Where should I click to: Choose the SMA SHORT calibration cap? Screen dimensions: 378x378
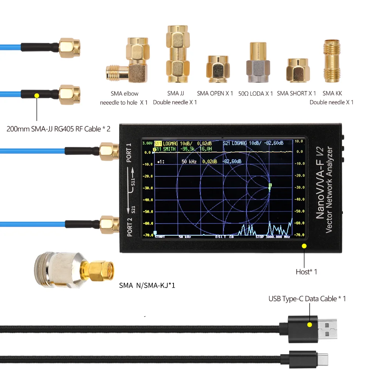(299, 71)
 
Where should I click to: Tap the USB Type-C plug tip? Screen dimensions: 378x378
(323, 357)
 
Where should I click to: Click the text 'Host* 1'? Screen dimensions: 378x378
(306, 272)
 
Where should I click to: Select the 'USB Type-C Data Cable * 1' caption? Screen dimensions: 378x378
(307, 299)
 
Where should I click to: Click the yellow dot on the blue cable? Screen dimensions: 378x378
(37, 95)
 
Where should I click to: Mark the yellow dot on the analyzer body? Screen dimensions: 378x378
(304, 246)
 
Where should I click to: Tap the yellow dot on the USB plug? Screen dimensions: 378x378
(310, 325)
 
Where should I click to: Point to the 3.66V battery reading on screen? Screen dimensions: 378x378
(147, 144)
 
